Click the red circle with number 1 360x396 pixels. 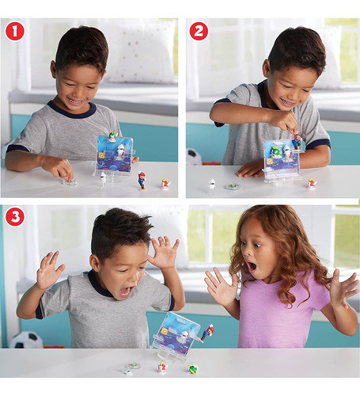pos(14,31)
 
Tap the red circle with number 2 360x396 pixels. pos(199,31)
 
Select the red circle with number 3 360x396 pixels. pos(14,216)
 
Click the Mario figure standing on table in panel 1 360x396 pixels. pos(142,180)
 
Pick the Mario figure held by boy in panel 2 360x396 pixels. pos(297,141)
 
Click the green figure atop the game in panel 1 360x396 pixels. pos(112,136)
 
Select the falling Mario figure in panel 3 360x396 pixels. pos(207,332)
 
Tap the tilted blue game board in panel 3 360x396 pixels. pos(176,332)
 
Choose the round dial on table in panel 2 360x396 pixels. pos(233,187)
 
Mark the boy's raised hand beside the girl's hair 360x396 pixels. pos(164,253)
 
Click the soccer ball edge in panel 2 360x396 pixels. pos(192,157)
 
